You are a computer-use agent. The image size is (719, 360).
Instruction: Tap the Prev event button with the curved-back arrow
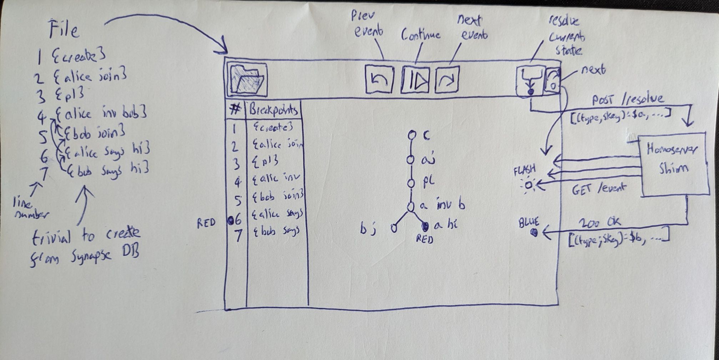pos(379,80)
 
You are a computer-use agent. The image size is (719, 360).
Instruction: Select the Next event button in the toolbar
pos(446,80)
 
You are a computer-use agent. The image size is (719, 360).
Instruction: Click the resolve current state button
pos(530,81)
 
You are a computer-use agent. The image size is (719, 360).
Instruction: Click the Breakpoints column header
pos(274,110)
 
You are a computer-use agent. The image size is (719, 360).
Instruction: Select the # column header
pos(235,110)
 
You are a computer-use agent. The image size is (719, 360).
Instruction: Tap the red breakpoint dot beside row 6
pos(230,221)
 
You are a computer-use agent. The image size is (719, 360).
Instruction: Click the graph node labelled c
pos(412,135)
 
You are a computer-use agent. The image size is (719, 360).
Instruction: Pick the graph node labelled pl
pos(411,183)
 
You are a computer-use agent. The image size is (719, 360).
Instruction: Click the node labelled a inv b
pos(411,206)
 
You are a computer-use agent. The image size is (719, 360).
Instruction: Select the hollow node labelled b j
pos(394,227)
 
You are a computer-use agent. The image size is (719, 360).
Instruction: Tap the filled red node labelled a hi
pos(425,226)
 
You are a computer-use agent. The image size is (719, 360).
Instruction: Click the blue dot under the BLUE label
pos(534,233)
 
